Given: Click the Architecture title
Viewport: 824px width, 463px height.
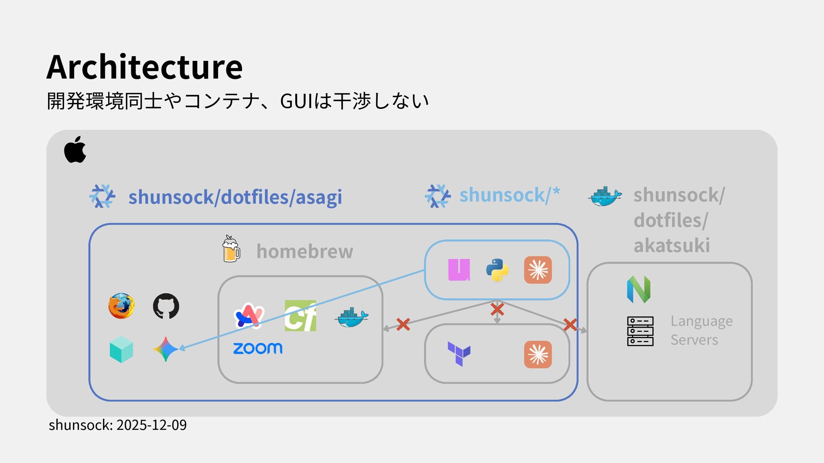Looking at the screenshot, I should coord(145,67).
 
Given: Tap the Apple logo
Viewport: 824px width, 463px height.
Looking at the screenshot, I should coord(75,150).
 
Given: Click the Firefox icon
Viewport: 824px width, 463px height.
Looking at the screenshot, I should coord(121,306).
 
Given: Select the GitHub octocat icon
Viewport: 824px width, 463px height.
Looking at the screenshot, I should coord(166,306).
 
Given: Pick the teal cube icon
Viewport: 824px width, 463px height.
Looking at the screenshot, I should coord(121,349).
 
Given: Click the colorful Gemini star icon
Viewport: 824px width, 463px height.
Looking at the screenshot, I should coord(166,349).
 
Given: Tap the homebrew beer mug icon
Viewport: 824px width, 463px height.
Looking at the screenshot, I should coord(231,249).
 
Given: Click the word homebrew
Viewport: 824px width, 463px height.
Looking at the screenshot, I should coord(305,251).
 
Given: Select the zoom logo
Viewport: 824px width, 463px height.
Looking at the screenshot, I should coord(257,348).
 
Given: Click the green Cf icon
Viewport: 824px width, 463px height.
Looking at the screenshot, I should coord(300,316).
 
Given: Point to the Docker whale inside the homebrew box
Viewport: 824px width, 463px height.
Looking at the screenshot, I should coord(351,317).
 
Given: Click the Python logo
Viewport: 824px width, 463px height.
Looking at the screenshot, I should coord(497,270).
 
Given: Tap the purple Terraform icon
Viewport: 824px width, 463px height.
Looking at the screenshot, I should coord(459,354).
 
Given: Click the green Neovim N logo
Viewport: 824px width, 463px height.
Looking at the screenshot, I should coord(639,289).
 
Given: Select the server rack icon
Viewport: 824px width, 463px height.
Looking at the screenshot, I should coord(640,331).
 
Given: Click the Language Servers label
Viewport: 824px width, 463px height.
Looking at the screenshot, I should coord(701,330).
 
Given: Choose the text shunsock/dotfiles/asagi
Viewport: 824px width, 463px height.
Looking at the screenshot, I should coord(235,197).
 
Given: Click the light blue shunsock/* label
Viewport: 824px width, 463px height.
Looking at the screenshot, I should coord(509,195).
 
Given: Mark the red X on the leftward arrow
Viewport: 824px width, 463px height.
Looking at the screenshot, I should coord(403,325).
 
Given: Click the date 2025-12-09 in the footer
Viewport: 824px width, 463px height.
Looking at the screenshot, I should coord(151,425).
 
